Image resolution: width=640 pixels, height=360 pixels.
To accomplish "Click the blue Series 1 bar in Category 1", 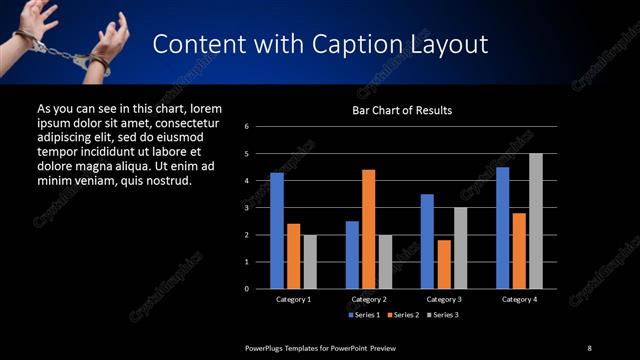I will [277, 230].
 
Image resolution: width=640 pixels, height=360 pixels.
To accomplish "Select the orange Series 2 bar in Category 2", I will [368, 228].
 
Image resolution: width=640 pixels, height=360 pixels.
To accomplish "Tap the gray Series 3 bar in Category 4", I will [535, 220].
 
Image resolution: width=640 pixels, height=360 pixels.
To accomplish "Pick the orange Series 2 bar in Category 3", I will [443, 264].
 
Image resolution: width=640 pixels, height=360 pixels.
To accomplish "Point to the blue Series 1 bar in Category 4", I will [502, 227].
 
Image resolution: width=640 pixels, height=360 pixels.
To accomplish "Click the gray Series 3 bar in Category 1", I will [310, 261].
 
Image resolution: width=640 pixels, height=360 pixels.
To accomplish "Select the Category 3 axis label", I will [443, 299].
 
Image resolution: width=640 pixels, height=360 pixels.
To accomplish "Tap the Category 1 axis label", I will [293, 299].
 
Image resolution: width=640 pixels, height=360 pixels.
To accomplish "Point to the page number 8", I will [589, 347].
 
